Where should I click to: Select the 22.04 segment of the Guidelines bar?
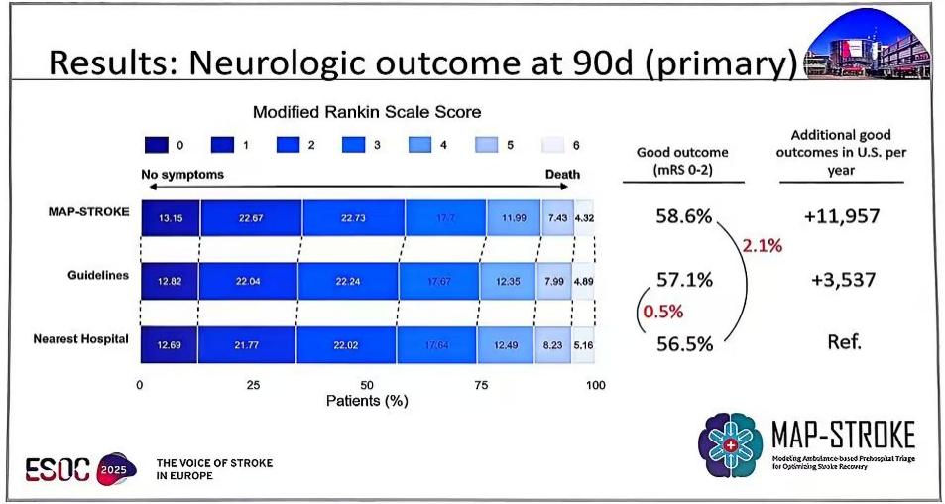pos(250,281)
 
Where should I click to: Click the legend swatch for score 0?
pos(155,145)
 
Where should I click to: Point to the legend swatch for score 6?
pos(552,145)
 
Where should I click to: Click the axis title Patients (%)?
pos(367,400)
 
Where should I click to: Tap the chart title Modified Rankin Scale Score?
pos(367,112)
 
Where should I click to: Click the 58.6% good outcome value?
pos(683,215)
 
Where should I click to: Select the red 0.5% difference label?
pos(663,311)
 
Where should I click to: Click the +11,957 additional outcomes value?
pos(842,215)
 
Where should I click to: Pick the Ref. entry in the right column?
pos(842,342)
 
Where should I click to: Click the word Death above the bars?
pos(565,175)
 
